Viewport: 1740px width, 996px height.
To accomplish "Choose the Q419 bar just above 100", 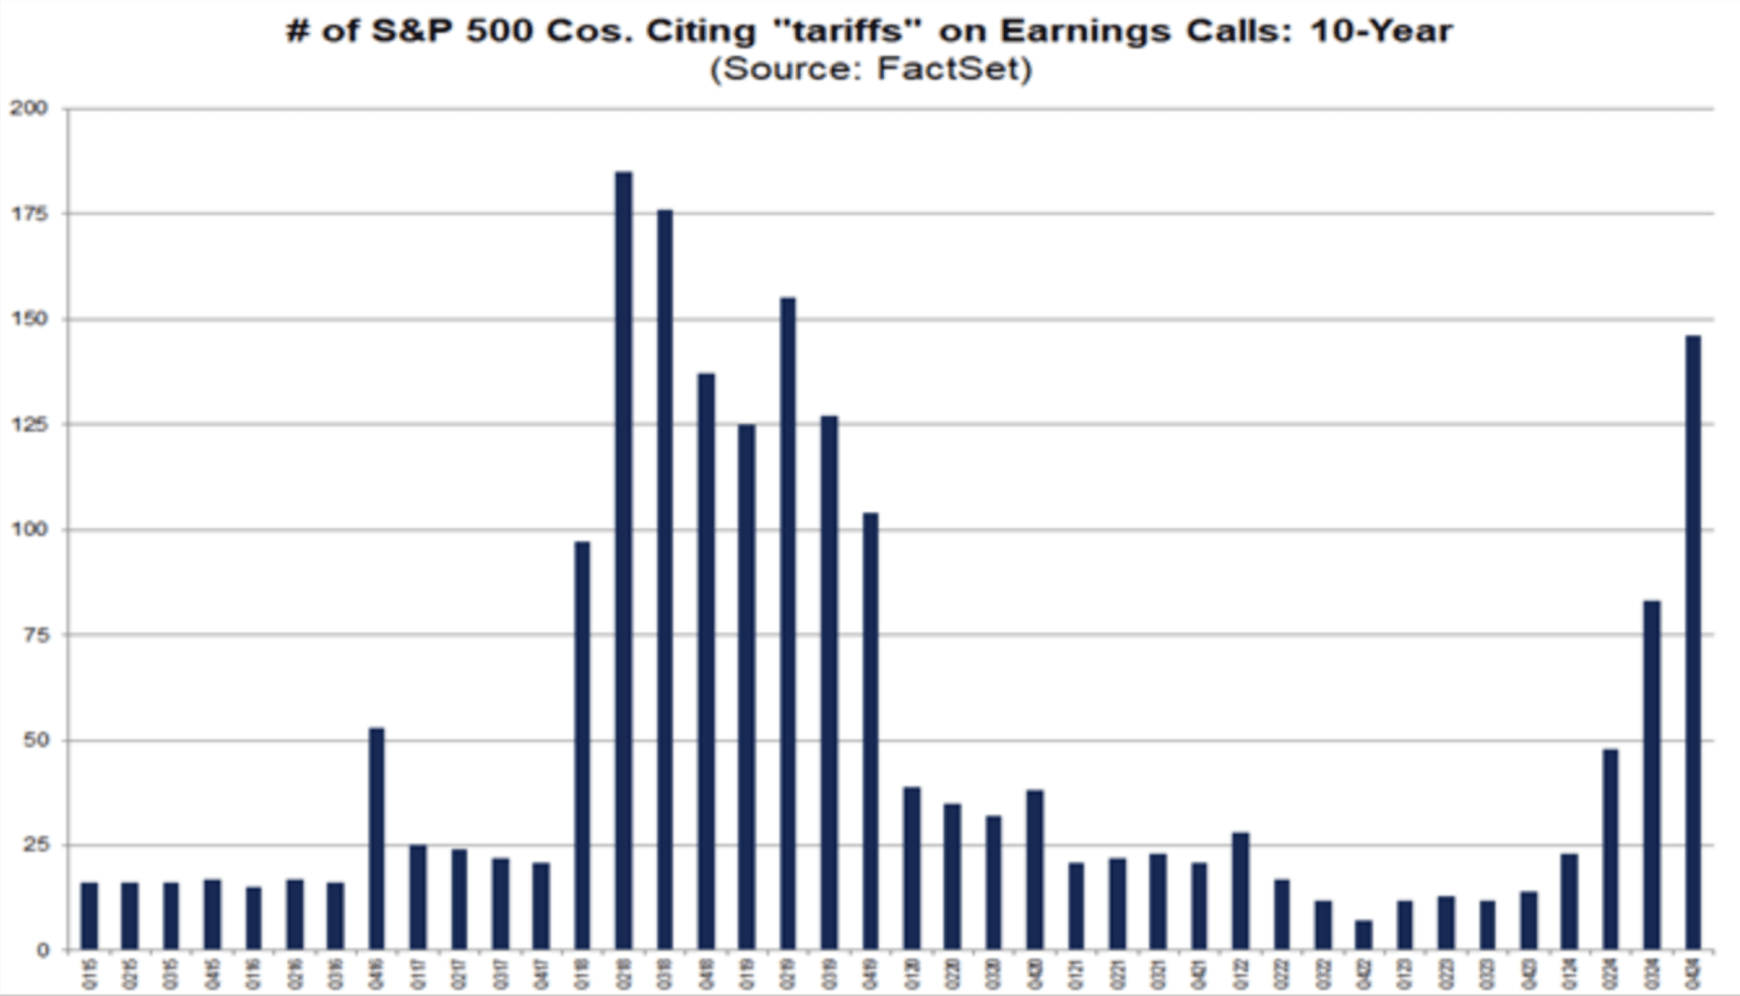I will (x=870, y=730).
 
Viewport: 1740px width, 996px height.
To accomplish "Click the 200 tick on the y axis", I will (x=29, y=109).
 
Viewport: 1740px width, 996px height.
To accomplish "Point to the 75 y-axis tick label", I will (x=35, y=635).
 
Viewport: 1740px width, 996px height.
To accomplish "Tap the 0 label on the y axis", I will (x=42, y=951).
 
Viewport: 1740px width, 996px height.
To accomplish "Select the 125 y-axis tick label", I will (x=29, y=424).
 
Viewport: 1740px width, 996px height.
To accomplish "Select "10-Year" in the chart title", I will (x=1382, y=31).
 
